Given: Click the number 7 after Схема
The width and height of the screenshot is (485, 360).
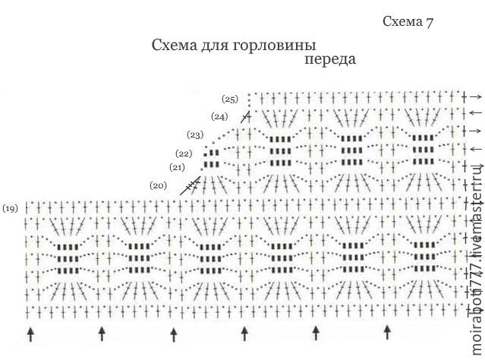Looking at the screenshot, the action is pos(429,22).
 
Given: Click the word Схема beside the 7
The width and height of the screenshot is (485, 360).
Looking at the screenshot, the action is pos(402,21).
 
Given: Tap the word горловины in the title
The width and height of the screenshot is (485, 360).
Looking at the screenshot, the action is pos(274,46).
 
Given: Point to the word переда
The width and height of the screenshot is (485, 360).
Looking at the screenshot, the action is pos(330,58).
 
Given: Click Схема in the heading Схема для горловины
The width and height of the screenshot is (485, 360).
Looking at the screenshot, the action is pos(175,46).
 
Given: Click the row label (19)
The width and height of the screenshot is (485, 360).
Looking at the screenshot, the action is pos(10,209).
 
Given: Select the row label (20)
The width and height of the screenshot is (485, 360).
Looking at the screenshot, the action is pos(158,186).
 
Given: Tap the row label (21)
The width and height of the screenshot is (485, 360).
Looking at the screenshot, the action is pos(177,167).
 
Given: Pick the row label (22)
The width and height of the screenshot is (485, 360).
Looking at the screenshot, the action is pos(184,153).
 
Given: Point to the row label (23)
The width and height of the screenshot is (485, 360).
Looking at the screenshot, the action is pos(195,135).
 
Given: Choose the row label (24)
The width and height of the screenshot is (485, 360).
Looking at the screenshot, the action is pos(219,117).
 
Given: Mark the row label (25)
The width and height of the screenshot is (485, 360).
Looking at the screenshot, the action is pos(230,99).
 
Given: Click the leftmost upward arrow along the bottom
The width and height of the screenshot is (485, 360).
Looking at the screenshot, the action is pos(30,334).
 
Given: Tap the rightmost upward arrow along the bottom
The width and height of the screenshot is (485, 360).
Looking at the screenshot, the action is pos(387,333).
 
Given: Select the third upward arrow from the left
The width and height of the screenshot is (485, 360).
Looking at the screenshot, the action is pos(174,334).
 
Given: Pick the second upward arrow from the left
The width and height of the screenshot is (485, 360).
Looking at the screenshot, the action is pos(102,334).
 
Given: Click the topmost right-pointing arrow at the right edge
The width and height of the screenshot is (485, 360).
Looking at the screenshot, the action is pos(476,97).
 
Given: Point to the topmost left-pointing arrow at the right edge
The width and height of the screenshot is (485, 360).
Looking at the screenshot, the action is pos(476,112).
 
